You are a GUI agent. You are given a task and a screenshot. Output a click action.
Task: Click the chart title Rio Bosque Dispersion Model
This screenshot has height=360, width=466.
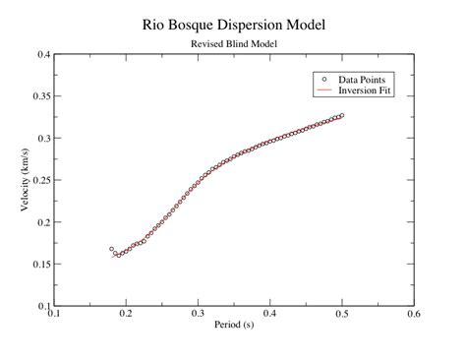234,23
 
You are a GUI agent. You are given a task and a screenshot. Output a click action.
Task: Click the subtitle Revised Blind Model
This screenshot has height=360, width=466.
234,43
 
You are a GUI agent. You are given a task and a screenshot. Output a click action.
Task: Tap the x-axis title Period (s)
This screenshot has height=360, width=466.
233,323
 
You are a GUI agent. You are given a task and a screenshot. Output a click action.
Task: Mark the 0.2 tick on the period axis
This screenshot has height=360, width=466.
126,315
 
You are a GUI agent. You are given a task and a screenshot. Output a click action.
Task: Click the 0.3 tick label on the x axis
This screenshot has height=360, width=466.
198,315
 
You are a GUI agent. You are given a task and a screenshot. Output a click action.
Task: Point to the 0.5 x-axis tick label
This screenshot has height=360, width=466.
341,315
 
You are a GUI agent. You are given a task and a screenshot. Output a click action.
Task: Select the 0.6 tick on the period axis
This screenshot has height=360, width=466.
413,315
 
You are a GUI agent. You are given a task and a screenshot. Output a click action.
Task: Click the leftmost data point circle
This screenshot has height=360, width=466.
111,249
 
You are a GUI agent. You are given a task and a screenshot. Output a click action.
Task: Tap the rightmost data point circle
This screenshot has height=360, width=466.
341,115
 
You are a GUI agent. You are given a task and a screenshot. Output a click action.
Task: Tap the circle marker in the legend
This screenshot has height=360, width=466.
323,78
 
